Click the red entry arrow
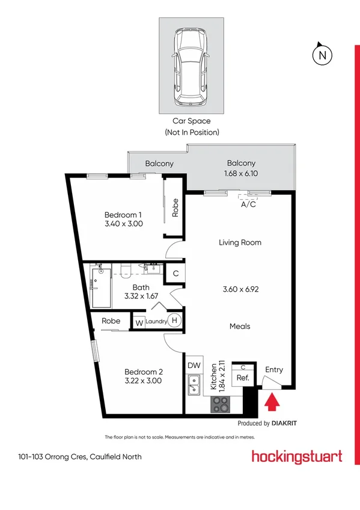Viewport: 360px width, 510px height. (x=272, y=400)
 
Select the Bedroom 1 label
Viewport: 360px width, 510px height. (x=123, y=215)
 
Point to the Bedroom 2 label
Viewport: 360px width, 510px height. (x=144, y=371)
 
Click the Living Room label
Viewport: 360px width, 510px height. (x=239, y=242)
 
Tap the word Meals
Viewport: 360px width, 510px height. (x=239, y=327)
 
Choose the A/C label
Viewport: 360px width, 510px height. (x=248, y=204)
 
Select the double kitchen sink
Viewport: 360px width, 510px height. (x=194, y=385)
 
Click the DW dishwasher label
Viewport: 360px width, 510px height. (x=194, y=365)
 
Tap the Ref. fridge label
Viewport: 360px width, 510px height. (x=243, y=378)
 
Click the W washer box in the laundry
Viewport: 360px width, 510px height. (x=139, y=322)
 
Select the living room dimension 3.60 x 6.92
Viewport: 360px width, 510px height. (x=239, y=289)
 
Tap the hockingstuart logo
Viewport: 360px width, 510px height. (x=297, y=456)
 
